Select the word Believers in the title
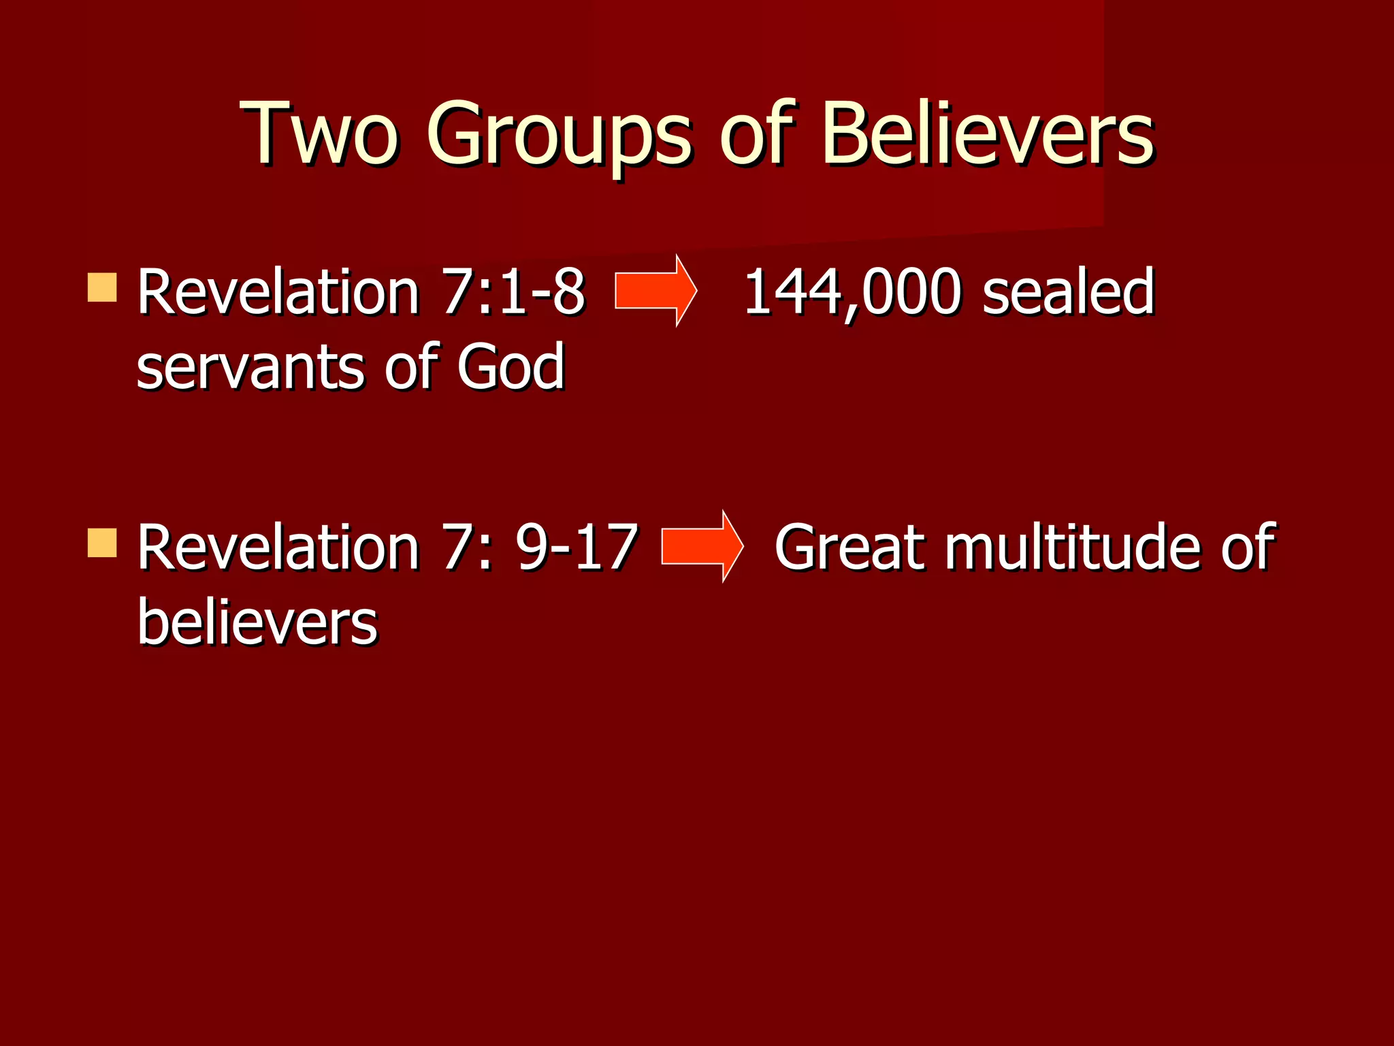click(x=988, y=133)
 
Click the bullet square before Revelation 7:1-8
click(x=102, y=287)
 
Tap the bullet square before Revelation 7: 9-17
click(x=102, y=543)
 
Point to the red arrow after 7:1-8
click(x=655, y=291)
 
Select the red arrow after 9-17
click(x=702, y=546)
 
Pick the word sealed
click(x=1069, y=293)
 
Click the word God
click(x=510, y=368)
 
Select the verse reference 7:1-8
click(x=514, y=293)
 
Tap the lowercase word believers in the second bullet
click(x=257, y=623)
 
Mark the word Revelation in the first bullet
click(x=278, y=293)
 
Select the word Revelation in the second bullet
click(x=278, y=548)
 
